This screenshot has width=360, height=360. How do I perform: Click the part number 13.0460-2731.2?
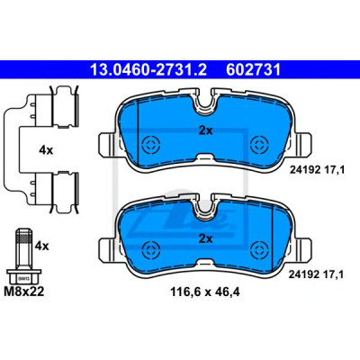coord(148,69)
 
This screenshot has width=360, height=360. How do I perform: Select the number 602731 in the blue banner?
coord(254,69)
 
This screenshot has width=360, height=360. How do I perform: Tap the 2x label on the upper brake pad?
coord(205,130)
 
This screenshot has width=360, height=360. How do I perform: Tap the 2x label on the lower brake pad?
coord(205,239)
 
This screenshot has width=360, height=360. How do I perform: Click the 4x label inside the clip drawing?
coord(46,150)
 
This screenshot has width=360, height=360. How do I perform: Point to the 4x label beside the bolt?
coord(41,247)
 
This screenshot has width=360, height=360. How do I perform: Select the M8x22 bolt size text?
coord(24,292)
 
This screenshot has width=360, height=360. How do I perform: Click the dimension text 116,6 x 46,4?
coord(205,292)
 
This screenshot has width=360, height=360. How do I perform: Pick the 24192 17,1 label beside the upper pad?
coord(317,170)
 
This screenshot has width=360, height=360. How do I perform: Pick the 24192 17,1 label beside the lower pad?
coord(316,274)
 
